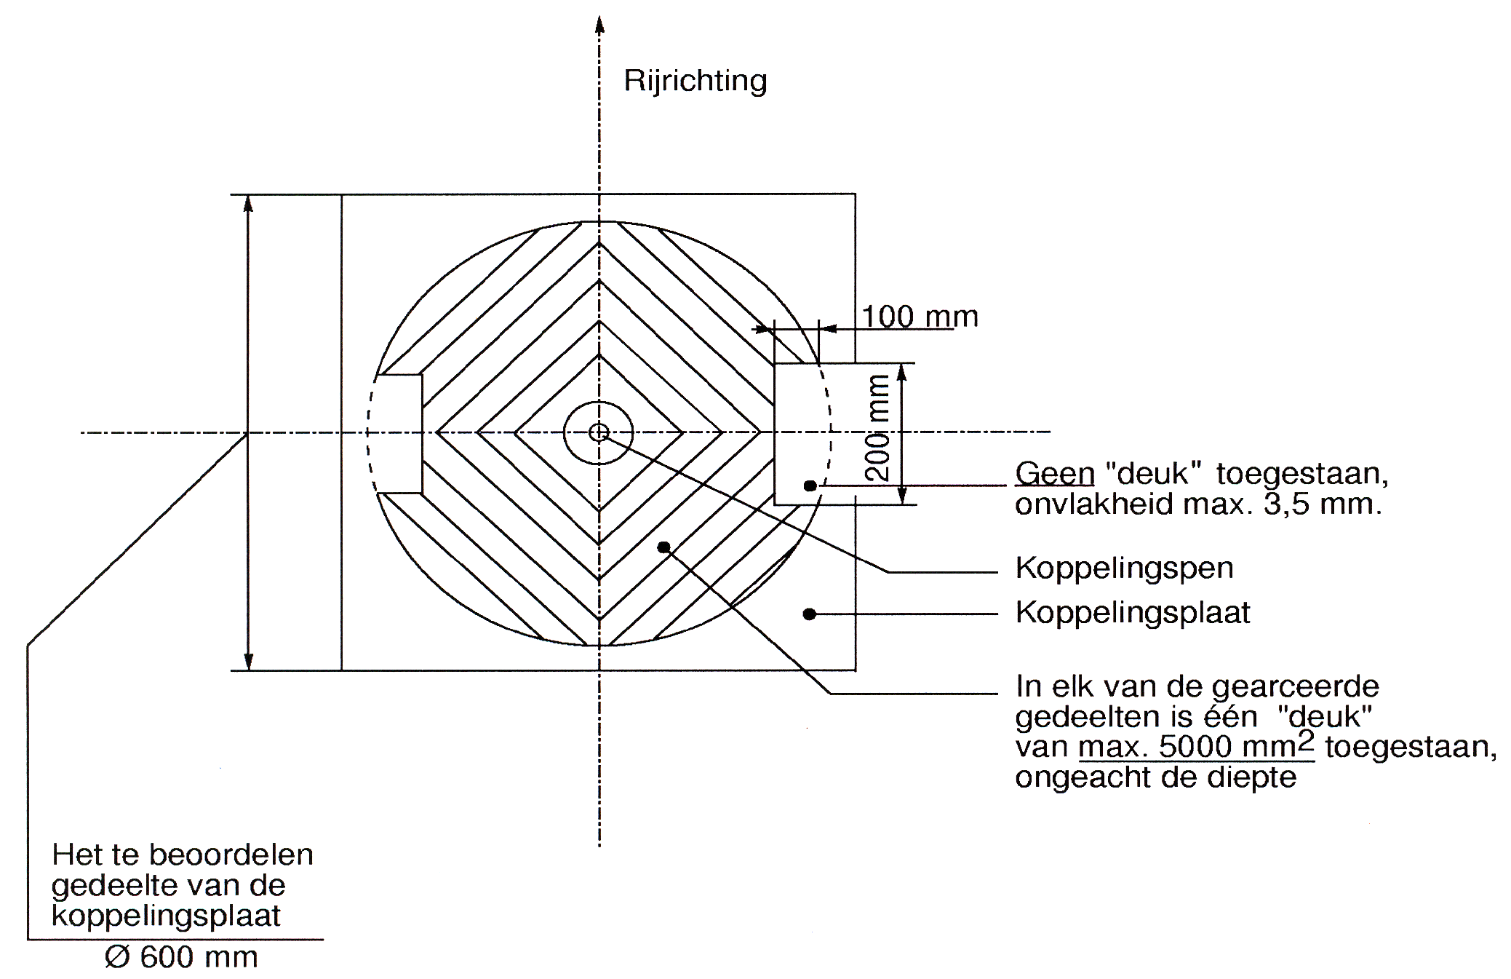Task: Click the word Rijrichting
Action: coord(695,81)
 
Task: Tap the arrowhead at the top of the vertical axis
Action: coord(599,25)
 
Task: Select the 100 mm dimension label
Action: coord(920,317)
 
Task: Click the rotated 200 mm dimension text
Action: coord(880,428)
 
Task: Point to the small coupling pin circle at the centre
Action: coord(599,433)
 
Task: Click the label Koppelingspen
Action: coord(1125,568)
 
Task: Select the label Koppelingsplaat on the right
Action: coord(1133,613)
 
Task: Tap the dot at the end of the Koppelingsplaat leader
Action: coord(809,614)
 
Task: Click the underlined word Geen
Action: coord(1055,474)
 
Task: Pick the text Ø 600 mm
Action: coord(181,957)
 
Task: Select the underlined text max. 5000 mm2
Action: coord(1197,746)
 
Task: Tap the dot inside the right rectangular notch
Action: coord(810,485)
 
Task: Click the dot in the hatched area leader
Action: coord(663,547)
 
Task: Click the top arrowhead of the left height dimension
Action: coord(248,204)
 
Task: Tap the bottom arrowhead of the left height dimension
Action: coord(248,660)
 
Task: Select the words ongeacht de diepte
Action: coord(1156,777)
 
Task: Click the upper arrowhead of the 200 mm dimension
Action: coord(902,373)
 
